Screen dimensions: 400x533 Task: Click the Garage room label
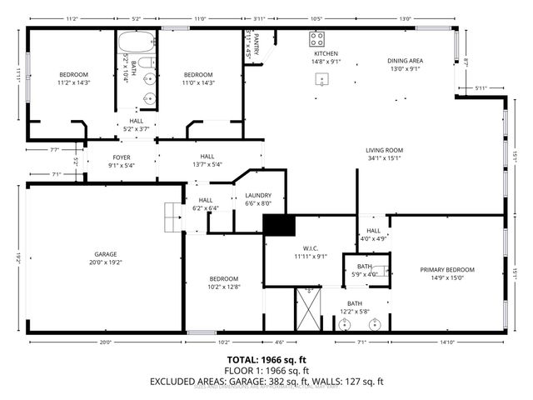click(x=105, y=253)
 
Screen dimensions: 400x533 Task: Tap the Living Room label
click(x=383, y=150)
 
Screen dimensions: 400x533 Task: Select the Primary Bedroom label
click(x=447, y=270)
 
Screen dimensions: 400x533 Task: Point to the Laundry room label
click(x=258, y=196)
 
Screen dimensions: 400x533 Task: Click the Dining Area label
click(x=406, y=61)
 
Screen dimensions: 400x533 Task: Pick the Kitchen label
click(x=326, y=53)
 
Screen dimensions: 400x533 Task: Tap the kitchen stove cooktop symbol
click(x=317, y=37)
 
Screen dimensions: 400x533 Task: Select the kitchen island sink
click(x=321, y=80)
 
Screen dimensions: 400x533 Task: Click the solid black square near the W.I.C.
click(x=280, y=225)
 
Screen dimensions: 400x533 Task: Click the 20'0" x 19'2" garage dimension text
click(x=105, y=262)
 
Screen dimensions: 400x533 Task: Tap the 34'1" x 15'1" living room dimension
click(x=383, y=158)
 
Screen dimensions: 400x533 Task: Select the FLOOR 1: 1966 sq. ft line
click(x=266, y=370)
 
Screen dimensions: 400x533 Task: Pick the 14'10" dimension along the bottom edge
click(x=446, y=342)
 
